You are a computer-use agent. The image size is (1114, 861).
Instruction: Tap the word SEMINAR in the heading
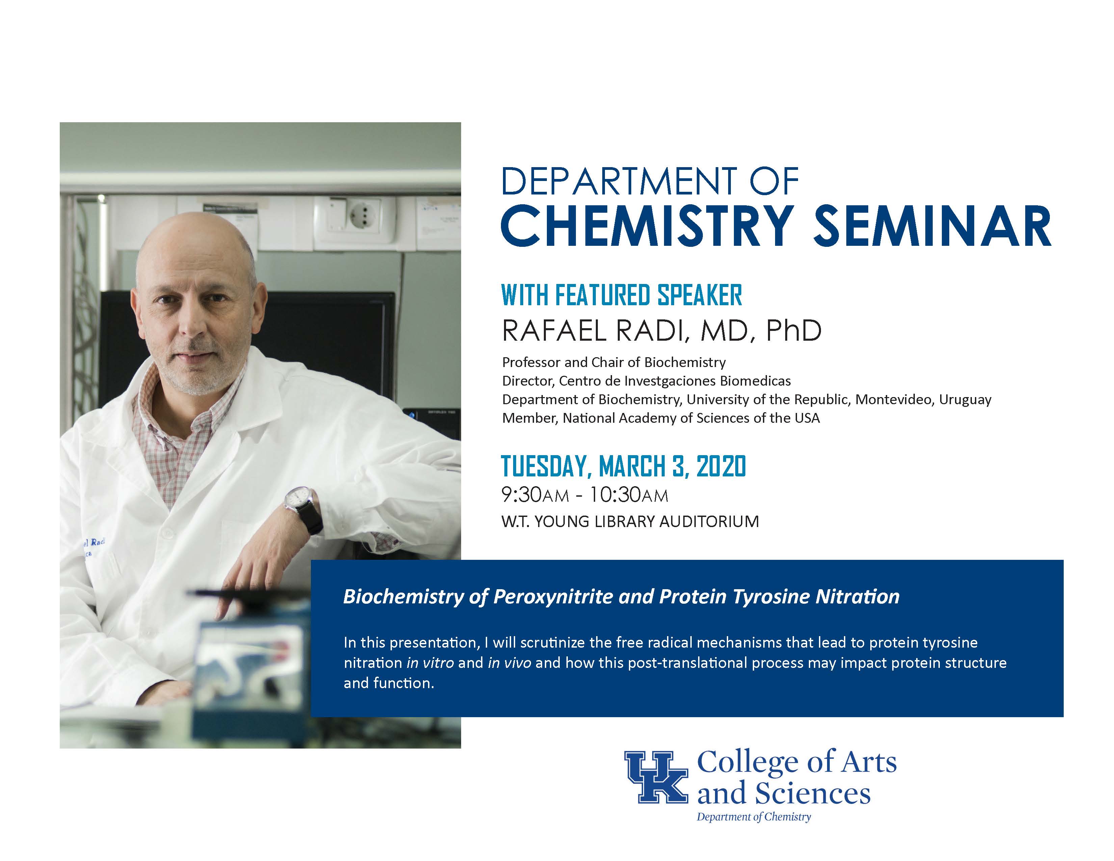(x=932, y=226)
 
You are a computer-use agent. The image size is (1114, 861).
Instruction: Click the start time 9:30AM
(x=535, y=495)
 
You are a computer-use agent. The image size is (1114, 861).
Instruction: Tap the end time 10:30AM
(x=629, y=495)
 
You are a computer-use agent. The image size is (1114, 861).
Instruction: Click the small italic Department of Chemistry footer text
(x=754, y=817)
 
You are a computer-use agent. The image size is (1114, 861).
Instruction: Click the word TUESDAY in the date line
(x=546, y=466)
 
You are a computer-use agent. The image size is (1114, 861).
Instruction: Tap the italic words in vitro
(x=430, y=662)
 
